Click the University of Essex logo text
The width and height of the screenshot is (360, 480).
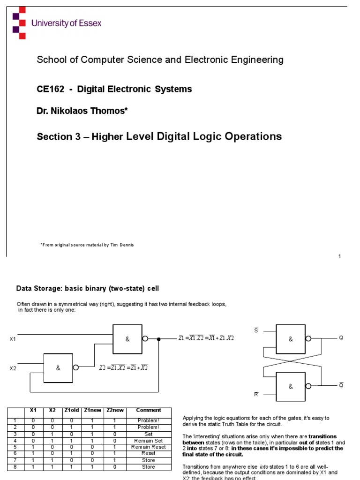click(x=66, y=23)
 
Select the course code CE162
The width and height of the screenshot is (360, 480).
click(x=49, y=89)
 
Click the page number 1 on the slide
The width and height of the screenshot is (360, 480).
click(x=339, y=256)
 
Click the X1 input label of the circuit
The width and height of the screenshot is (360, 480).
click(x=13, y=339)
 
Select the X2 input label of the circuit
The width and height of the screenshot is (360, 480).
click(x=13, y=368)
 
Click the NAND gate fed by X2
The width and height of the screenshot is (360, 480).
click(x=58, y=368)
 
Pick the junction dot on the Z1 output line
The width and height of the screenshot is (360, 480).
click(x=159, y=338)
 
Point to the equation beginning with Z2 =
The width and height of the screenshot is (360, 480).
click(x=123, y=367)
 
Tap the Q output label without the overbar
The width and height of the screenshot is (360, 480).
click(x=341, y=337)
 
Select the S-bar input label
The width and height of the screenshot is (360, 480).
click(x=256, y=330)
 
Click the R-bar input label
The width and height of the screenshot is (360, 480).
click(x=256, y=394)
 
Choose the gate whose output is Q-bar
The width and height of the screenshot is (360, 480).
click(x=291, y=386)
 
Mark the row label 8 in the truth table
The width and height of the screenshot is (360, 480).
click(x=15, y=467)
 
